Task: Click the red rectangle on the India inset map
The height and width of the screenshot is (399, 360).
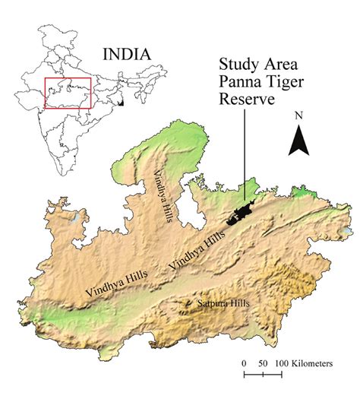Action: [x=68, y=92]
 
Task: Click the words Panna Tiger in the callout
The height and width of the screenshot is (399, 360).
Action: [x=255, y=82]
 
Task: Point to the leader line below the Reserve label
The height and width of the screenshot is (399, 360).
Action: [x=245, y=152]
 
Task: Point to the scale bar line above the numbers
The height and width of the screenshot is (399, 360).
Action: [x=262, y=353]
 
